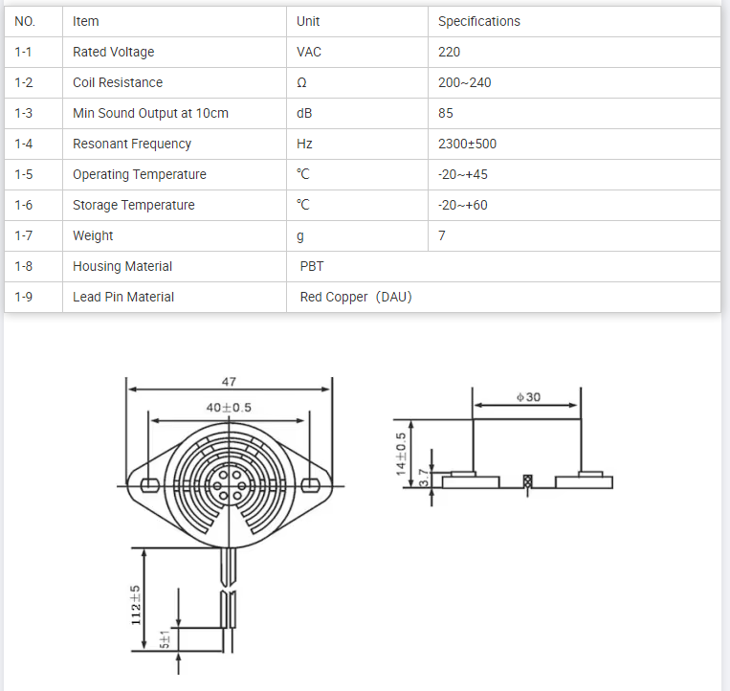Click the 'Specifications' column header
click(x=478, y=21)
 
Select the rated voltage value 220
click(x=449, y=52)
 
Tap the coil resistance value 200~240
click(x=464, y=82)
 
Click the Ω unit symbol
click(x=301, y=82)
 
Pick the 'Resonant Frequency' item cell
click(x=132, y=144)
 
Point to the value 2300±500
click(x=467, y=144)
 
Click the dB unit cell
click(x=304, y=113)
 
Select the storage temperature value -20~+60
click(x=463, y=205)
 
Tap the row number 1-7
click(x=24, y=235)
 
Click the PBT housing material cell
click(x=312, y=266)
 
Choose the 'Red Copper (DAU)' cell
click(x=356, y=297)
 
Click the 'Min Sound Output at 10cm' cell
click(x=150, y=113)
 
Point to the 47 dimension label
click(x=229, y=381)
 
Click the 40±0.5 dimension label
click(x=229, y=408)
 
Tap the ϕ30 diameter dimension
click(x=528, y=396)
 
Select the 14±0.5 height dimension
click(x=401, y=455)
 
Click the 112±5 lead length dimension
click(x=136, y=605)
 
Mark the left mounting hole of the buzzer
click(x=147, y=483)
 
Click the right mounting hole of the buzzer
click(x=310, y=483)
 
